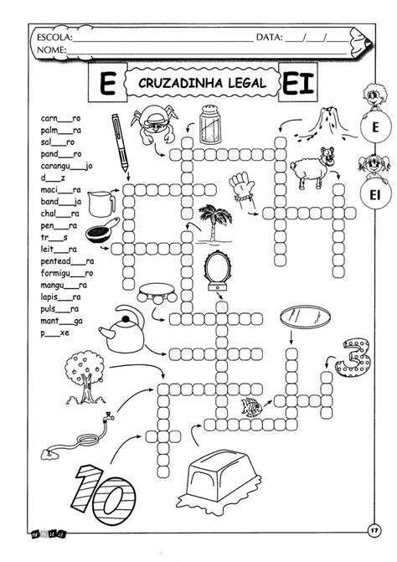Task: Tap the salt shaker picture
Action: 209,124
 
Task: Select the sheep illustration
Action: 312,167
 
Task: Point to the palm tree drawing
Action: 214,224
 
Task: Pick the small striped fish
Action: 250,407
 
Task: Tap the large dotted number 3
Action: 353,358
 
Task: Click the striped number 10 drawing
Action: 105,494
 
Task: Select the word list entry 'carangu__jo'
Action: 66,167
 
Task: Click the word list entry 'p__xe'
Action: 54,333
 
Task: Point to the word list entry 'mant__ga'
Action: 61,322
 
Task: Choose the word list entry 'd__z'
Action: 53,178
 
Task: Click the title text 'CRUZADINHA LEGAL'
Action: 203,83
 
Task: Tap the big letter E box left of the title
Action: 108,82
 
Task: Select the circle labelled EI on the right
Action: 375,195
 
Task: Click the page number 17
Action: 374,530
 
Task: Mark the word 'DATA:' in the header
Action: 269,38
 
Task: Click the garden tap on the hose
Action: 108,416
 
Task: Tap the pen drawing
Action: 120,142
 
